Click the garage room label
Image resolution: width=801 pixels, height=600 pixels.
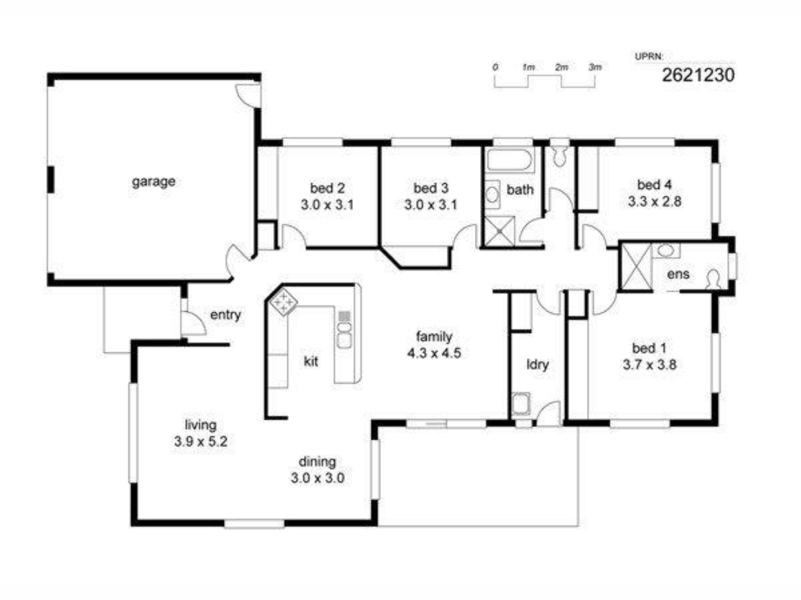tap(154, 182)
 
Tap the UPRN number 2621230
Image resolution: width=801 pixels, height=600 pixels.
tap(698, 75)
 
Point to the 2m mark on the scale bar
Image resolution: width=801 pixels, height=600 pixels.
tap(562, 67)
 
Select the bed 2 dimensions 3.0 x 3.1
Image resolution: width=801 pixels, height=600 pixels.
tap(327, 205)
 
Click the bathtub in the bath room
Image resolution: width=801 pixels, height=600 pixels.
tap(509, 160)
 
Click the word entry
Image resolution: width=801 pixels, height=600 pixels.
tap(225, 315)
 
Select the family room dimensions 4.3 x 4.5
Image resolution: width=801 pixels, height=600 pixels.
tap(434, 353)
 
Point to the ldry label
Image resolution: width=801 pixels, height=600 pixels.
tap(537, 365)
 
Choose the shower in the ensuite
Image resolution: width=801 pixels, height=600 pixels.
tap(636, 267)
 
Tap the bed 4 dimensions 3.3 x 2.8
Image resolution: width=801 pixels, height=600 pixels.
tap(654, 202)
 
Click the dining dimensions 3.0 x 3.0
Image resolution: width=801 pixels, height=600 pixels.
tap(317, 478)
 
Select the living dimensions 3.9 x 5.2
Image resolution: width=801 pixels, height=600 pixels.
tap(201, 441)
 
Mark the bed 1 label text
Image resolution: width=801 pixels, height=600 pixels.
tap(649, 348)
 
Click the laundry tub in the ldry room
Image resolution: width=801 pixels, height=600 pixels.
tap(521, 403)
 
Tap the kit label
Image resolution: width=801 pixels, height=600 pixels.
tap(311, 361)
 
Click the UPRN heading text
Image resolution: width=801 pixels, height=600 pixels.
tap(649, 57)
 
